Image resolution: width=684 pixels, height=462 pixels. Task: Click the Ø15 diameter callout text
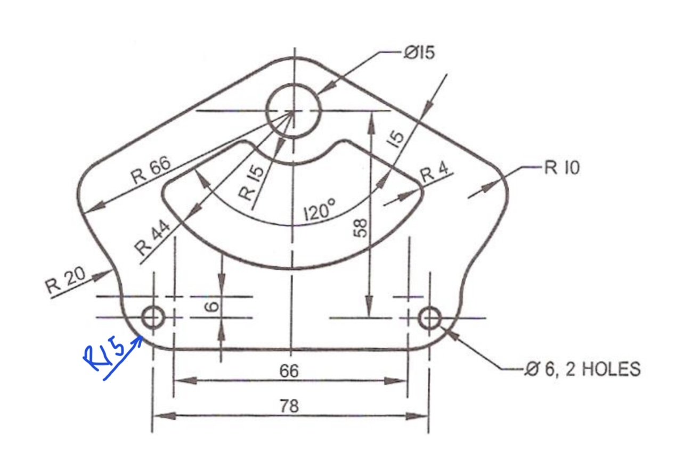coord(419,53)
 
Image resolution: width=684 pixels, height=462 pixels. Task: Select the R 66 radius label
coord(151,171)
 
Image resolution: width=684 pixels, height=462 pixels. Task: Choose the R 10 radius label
coord(562,168)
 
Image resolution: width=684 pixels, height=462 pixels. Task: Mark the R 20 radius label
coord(65,281)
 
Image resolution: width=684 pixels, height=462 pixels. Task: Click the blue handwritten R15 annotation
coord(104,355)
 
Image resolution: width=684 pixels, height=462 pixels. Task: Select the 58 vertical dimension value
coord(361,228)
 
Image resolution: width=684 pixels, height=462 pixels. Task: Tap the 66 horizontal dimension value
coord(290,371)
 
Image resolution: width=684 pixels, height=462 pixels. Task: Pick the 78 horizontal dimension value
coord(290,406)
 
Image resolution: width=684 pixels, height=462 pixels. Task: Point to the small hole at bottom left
coord(152,318)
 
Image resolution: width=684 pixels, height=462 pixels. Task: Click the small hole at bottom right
coord(429,318)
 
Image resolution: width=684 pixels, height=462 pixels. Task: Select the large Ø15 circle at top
coord(294,111)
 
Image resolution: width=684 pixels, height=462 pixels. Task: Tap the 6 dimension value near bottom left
coord(212,307)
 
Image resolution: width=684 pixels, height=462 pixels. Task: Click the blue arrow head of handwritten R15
coord(140,341)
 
